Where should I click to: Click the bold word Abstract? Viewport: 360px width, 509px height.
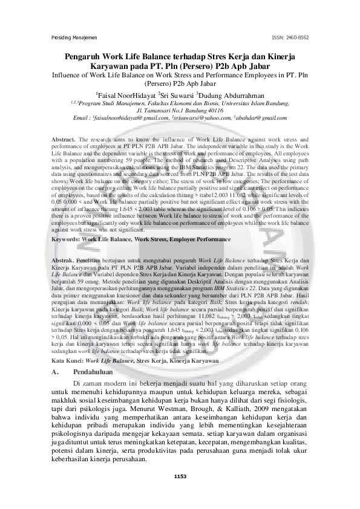coord(64,140)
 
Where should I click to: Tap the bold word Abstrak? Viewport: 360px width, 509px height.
coord(63,258)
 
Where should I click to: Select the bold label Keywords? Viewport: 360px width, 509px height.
coord(66,240)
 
